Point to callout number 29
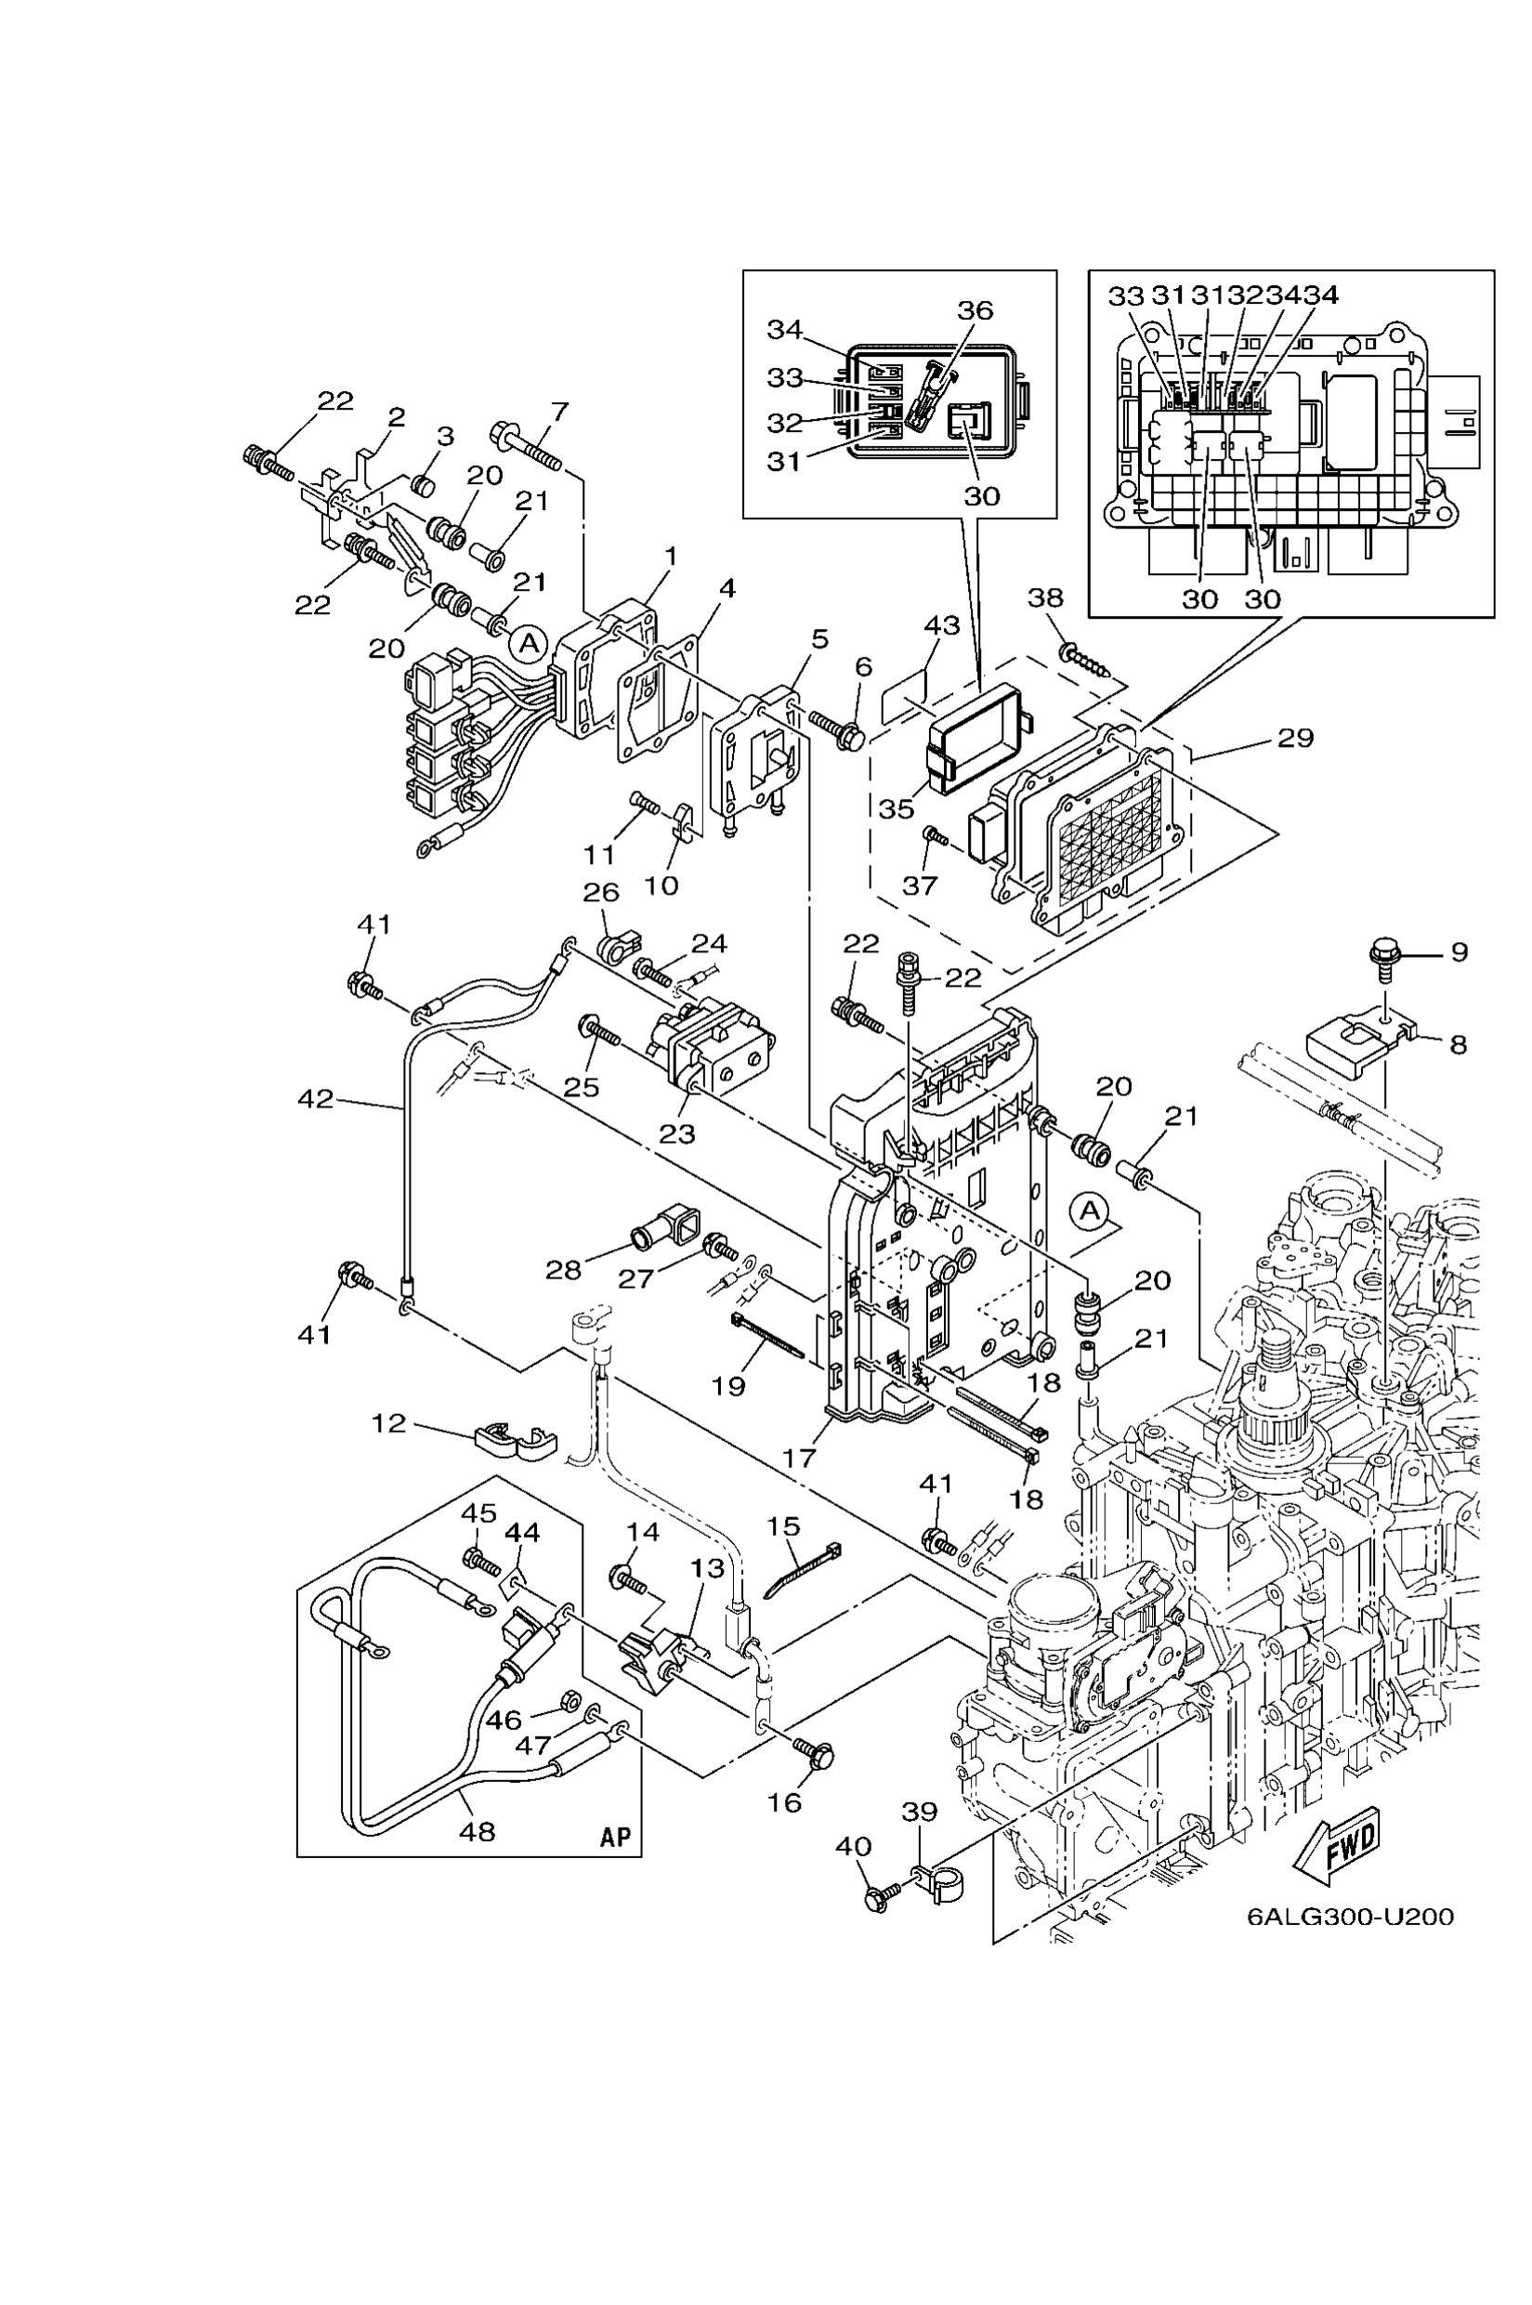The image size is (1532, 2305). (x=1295, y=738)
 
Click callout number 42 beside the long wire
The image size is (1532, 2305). (x=316, y=1099)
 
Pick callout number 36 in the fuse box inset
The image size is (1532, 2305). (x=975, y=310)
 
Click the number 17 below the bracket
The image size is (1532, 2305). (x=799, y=1458)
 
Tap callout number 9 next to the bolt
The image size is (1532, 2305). (x=1459, y=951)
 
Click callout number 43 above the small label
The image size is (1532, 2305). (x=942, y=624)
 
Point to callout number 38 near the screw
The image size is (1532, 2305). (x=1045, y=597)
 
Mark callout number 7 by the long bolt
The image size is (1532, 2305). (x=559, y=412)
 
